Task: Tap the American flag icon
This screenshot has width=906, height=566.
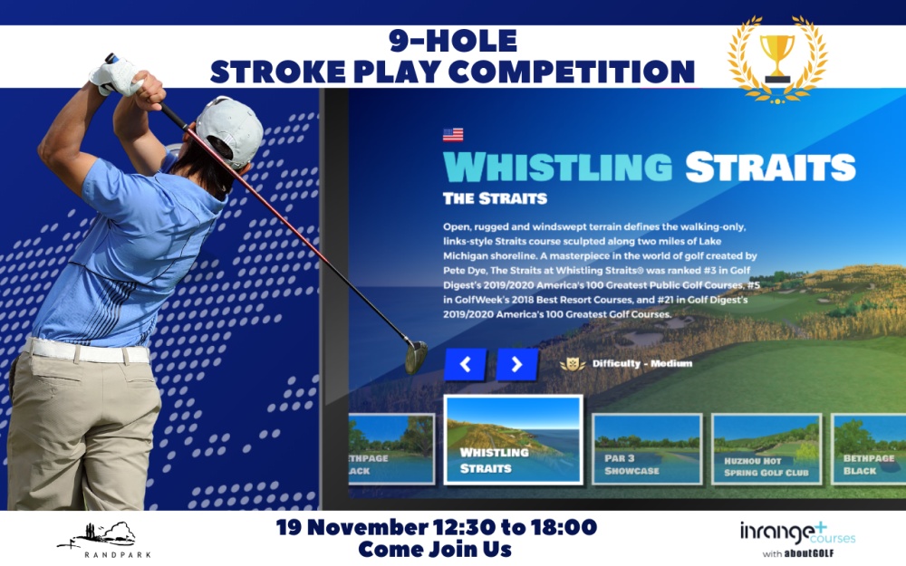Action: [453, 135]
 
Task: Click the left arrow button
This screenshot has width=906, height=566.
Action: [465, 364]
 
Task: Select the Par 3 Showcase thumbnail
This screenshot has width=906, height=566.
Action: [647, 449]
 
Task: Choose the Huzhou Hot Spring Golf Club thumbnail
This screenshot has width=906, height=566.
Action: [766, 449]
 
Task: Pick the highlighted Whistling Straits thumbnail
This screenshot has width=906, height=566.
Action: [513, 439]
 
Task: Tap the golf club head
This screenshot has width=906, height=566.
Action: [416, 357]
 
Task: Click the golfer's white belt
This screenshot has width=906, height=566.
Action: [87, 350]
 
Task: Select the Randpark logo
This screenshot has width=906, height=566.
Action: [103, 540]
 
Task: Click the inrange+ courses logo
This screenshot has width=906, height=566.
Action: [797, 538]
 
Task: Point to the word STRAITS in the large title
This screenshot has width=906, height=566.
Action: [770, 167]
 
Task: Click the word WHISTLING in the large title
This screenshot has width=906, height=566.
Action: [557, 167]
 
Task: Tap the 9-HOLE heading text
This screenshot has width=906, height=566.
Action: [453, 41]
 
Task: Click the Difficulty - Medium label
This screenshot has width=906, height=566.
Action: [642, 363]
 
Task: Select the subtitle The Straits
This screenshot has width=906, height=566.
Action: [496, 198]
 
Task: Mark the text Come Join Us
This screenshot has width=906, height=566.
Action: [435, 549]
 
